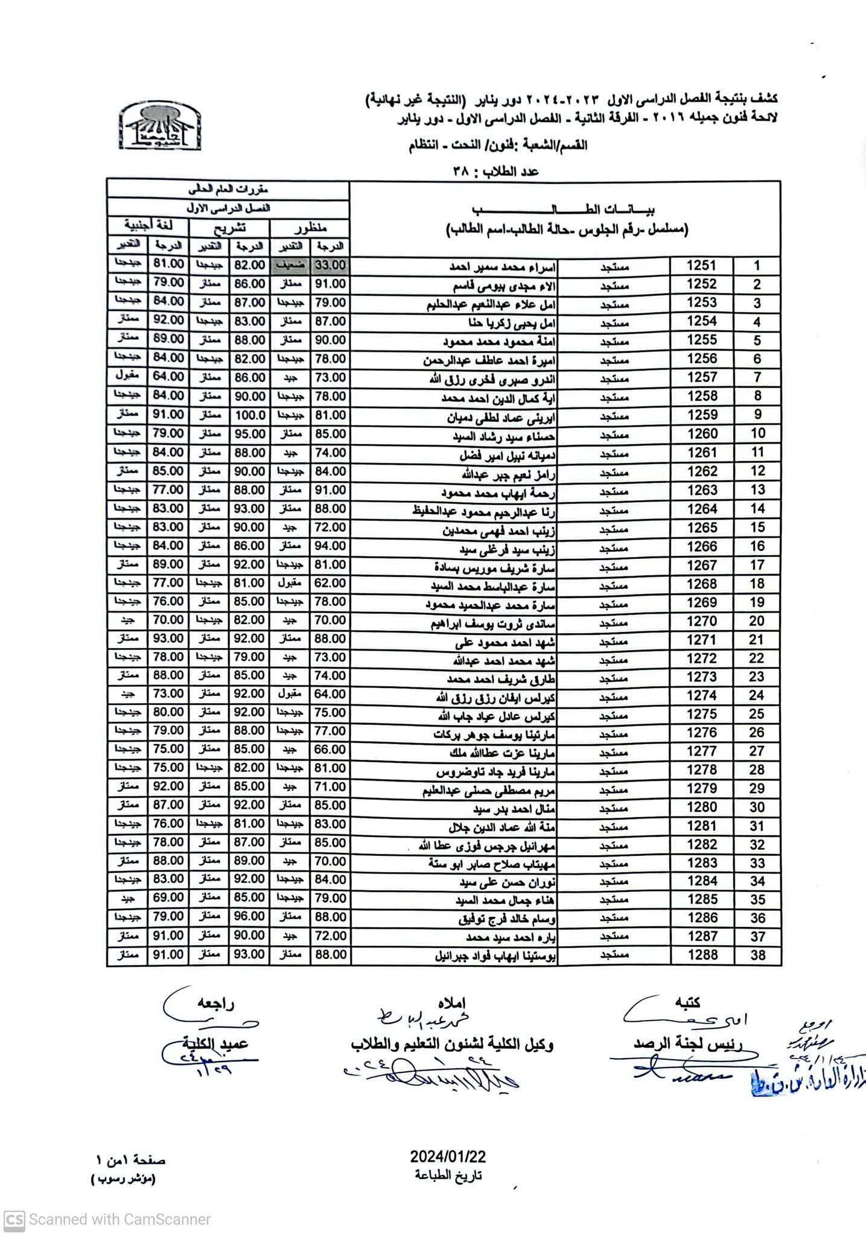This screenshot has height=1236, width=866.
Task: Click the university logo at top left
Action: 160,126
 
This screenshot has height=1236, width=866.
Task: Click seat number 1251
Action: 702,266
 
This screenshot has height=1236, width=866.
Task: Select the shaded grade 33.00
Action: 330,266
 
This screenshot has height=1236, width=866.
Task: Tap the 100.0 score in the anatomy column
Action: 249,415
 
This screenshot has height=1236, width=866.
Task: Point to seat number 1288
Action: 702,955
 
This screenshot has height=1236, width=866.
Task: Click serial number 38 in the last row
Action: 757,955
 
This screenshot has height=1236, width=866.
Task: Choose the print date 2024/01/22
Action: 448,1156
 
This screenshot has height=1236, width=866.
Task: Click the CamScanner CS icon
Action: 14,1220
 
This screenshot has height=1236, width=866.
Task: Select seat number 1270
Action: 702,621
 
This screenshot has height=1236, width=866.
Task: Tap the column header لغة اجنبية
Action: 148,227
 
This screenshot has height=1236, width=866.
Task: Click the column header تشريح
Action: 230,228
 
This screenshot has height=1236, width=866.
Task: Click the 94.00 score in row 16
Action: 330,546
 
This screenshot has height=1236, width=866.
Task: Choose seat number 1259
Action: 702,415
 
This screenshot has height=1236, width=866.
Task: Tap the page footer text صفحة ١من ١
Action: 130,1161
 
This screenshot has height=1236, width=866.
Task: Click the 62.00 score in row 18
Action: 330,584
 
